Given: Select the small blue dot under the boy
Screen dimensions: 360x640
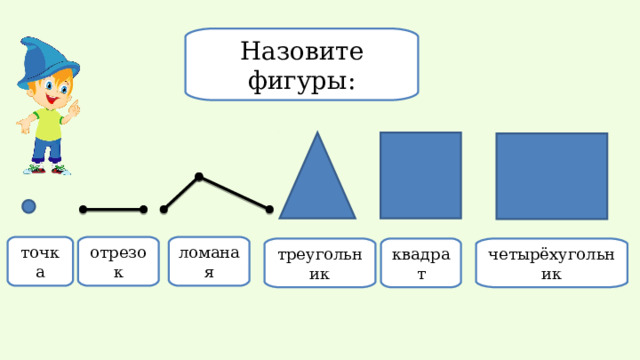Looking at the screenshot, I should point(29,206).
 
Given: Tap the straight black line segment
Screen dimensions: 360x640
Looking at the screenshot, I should point(113,209).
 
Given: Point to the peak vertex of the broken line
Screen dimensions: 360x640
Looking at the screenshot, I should point(199,177).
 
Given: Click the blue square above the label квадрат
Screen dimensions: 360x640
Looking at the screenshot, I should point(420,175).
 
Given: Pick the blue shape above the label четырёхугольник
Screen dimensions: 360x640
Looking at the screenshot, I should point(551,176).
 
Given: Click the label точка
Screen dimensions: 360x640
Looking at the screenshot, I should point(40,261).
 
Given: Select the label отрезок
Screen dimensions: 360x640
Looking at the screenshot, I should point(118,261).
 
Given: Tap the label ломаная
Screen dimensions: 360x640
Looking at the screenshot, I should point(209,261).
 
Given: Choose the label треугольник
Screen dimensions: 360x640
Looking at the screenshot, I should point(320,263).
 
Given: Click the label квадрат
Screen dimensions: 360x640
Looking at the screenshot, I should point(421,263).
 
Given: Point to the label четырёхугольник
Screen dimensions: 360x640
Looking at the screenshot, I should point(551,263).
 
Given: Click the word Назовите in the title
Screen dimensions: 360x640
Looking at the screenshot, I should point(302,50).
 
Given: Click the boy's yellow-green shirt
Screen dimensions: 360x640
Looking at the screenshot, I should point(48,124).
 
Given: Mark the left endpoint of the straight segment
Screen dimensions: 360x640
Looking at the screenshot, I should point(83,209).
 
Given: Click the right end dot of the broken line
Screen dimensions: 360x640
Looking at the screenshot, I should point(269,209).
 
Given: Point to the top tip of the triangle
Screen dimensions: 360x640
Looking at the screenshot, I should point(318,134).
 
